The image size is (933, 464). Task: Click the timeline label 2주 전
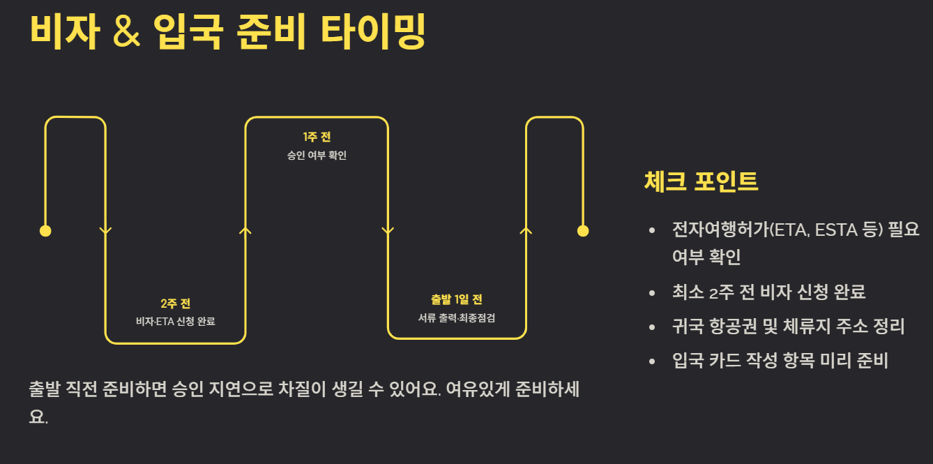pyautogui.click(x=175, y=304)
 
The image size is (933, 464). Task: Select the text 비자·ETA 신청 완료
pyautogui.click(x=175, y=321)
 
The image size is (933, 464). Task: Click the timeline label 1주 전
pyautogui.click(x=317, y=137)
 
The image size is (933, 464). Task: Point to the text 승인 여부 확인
pyautogui.click(x=317, y=155)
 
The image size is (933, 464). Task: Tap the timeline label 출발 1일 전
pyautogui.click(x=457, y=300)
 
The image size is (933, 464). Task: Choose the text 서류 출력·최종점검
pyautogui.click(x=457, y=317)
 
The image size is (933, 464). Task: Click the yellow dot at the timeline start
pyautogui.click(x=45, y=231)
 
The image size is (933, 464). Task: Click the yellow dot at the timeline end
pyautogui.click(x=583, y=231)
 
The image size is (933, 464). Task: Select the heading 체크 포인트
pyautogui.click(x=701, y=181)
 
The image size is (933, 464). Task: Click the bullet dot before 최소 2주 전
pyautogui.click(x=652, y=292)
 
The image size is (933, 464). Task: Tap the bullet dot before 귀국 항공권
pyautogui.click(x=652, y=327)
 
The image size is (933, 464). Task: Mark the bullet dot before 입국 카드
pyautogui.click(x=652, y=361)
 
